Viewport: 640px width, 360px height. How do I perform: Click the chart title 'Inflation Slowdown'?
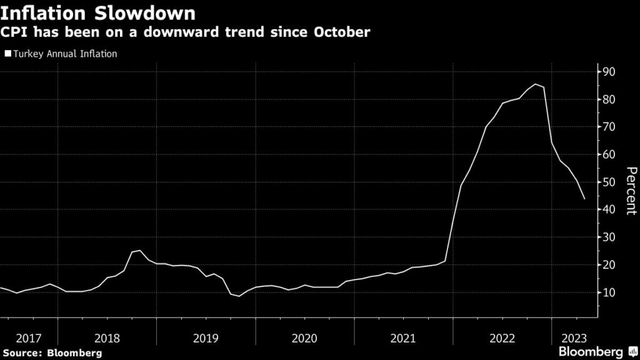tap(99, 12)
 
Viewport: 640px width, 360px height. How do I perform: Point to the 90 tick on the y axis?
tap(610, 72)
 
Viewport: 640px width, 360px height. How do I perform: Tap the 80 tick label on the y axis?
tap(610, 99)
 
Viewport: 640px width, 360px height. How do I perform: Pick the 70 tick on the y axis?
tap(610, 127)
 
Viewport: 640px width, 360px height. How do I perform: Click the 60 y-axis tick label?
tap(610, 154)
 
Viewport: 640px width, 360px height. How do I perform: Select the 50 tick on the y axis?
tap(610, 182)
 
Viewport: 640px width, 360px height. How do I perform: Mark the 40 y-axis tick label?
tap(610, 209)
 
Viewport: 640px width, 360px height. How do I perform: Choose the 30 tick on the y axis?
tap(610, 237)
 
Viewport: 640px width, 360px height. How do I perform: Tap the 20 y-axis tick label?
tap(610, 265)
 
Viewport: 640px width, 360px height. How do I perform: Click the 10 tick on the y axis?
tap(610, 292)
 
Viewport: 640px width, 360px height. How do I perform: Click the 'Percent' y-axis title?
tap(631, 191)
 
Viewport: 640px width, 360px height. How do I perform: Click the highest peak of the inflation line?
tap(536, 84)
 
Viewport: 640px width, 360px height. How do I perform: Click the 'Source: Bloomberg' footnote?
tap(52, 353)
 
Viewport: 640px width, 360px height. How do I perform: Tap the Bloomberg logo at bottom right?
tap(599, 352)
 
